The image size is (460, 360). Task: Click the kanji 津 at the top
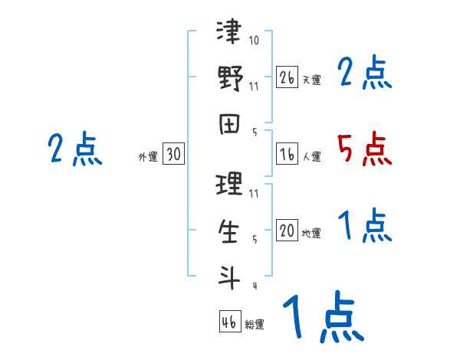[x=230, y=34]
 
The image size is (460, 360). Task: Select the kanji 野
[x=230, y=79]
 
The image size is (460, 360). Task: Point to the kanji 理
[x=230, y=185]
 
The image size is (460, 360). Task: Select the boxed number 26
[x=287, y=77]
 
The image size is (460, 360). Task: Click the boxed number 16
[x=287, y=154]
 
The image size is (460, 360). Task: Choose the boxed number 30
[x=173, y=155]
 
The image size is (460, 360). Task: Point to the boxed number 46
[x=229, y=322]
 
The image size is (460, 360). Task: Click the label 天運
[x=311, y=80]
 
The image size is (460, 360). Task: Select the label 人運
[x=311, y=157]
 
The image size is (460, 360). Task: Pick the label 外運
[x=147, y=157]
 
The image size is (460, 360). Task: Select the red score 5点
[x=364, y=149]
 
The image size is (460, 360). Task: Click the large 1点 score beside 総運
[x=321, y=318]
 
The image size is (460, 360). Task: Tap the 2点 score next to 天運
[x=364, y=74]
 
